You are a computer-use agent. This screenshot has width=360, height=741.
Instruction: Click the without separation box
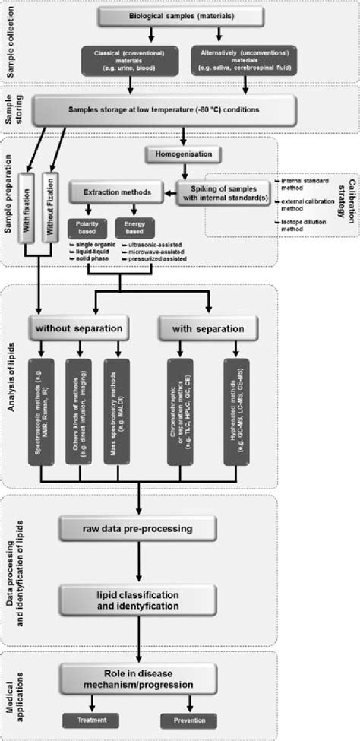click(77, 330)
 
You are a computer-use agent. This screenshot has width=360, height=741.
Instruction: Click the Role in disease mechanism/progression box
click(139, 677)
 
